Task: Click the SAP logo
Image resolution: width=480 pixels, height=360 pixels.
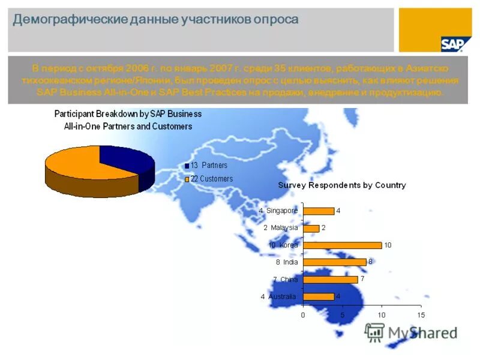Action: tap(452, 44)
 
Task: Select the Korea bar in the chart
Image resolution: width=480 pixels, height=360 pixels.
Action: tap(343, 245)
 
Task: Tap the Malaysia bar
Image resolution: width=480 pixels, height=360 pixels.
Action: tap(311, 228)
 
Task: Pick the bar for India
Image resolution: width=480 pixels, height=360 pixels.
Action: tap(335, 262)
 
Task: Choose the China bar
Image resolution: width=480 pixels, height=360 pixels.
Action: tap(331, 279)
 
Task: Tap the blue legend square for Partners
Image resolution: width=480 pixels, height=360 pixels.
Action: tap(187, 166)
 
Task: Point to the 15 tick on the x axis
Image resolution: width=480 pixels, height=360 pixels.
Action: tap(421, 315)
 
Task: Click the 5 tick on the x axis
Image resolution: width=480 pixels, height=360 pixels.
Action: tap(342, 315)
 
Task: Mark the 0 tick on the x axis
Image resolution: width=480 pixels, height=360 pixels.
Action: tap(303, 315)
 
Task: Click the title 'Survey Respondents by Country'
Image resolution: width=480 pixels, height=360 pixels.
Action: tap(341, 185)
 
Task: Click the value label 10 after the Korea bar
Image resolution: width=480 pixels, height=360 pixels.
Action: tap(388, 245)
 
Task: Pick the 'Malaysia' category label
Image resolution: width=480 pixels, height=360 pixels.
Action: tap(284, 228)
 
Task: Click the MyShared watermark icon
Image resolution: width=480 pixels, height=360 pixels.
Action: tap(375, 332)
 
